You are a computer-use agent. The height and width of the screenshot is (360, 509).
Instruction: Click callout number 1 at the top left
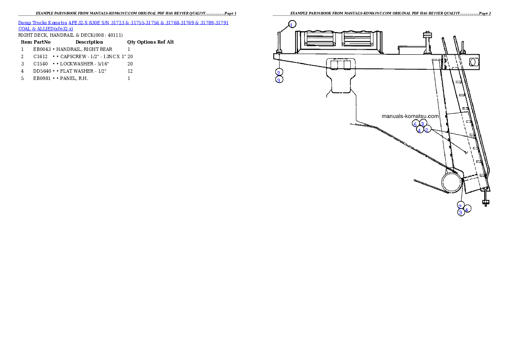point(292,24)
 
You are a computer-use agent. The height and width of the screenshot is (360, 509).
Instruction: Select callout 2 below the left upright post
point(278,72)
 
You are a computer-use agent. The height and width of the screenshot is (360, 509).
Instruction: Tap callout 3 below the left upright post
point(279,80)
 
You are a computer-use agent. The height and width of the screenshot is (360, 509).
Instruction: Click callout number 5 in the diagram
point(415,124)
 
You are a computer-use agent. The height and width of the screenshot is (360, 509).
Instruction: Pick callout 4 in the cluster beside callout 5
point(420,130)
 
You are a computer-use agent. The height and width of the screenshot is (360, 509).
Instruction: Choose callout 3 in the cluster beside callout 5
point(423,124)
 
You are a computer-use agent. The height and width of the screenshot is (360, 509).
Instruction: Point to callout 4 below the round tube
point(468,209)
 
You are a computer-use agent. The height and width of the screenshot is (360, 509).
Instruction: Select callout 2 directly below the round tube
point(460,206)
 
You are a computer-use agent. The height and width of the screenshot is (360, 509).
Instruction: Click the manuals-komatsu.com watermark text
point(411,116)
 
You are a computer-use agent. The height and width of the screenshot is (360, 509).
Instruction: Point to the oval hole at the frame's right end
point(473,62)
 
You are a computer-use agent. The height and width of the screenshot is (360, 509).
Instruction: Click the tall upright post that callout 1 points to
point(279,42)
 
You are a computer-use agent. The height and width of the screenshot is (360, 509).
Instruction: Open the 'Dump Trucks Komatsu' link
point(43,22)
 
